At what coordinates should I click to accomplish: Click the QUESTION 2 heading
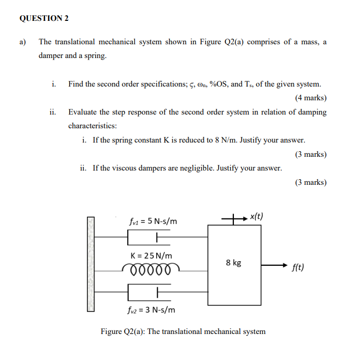[44, 18]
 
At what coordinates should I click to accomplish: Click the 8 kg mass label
[234, 263]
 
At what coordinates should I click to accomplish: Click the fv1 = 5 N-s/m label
[154, 221]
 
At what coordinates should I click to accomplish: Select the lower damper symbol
[147, 292]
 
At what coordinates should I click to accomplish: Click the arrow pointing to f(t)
[275, 265]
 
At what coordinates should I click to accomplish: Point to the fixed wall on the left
[91, 264]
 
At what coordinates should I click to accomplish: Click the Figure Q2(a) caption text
[183, 331]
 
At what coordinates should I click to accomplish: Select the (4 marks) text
[310, 98]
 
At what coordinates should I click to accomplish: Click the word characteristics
[93, 125]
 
